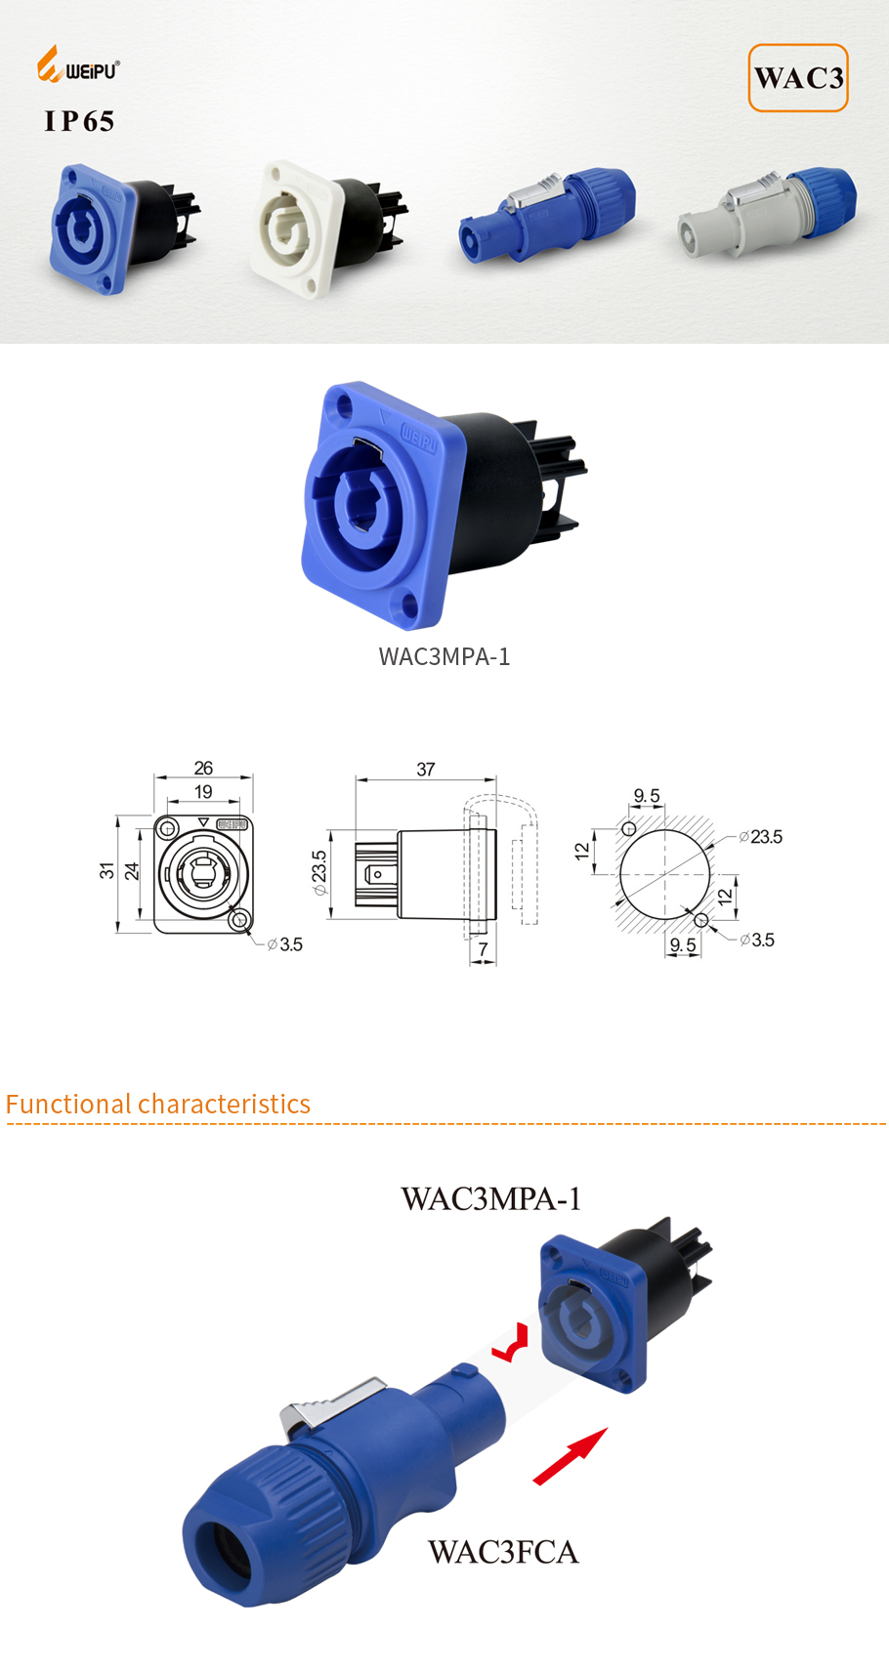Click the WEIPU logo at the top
coord(78,64)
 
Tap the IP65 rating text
coord(79,121)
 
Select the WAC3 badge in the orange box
coord(798,78)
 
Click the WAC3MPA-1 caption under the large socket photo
coord(444,656)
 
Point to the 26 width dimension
coord(203,768)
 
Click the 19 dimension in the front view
coord(203,792)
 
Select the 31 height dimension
coord(106,870)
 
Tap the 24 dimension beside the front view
coord(132,870)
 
